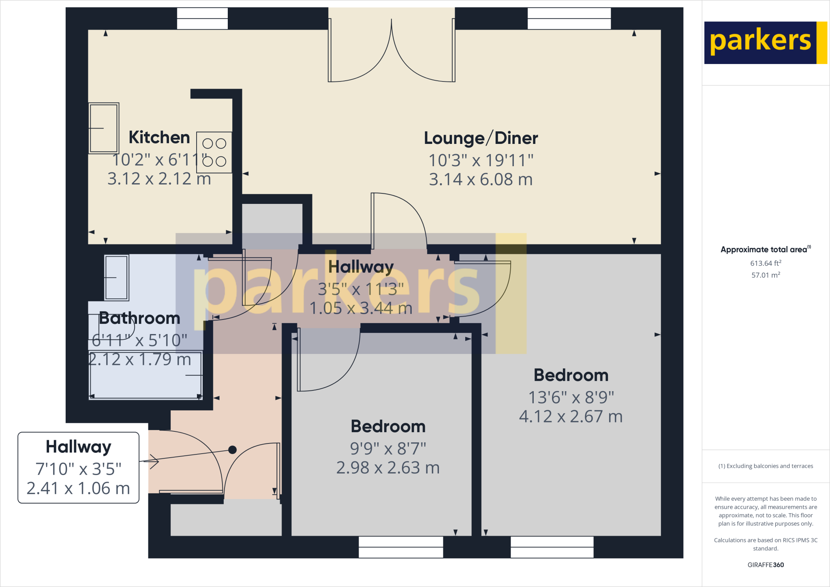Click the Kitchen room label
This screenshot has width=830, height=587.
159,137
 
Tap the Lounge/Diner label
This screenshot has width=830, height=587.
481,138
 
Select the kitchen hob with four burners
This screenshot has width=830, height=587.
214,152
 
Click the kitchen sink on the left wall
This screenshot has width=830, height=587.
104,128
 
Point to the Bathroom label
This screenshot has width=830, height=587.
139,318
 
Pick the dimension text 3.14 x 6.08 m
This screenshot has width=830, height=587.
481,180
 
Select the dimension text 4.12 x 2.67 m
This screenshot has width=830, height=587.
571,416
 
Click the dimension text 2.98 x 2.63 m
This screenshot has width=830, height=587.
388,468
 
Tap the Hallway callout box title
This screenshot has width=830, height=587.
79,447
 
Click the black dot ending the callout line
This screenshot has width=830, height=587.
232,450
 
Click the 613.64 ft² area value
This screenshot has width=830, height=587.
766,263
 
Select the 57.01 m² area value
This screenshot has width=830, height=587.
766,275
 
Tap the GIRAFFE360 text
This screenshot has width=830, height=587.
766,565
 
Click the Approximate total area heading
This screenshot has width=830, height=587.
765,249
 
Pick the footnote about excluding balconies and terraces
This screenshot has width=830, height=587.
766,466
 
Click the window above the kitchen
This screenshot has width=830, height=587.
202,19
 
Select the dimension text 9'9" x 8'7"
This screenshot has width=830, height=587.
388,448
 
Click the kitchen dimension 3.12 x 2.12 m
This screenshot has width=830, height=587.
159,179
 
